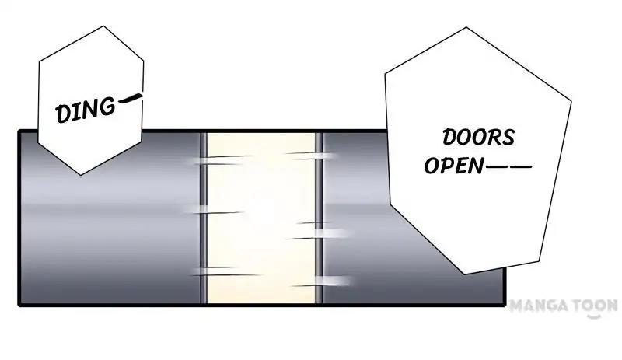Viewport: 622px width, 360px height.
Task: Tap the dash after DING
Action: click(x=131, y=99)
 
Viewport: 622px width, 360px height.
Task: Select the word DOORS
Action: click(x=478, y=138)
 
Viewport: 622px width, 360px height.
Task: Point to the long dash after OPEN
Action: click(x=508, y=166)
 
